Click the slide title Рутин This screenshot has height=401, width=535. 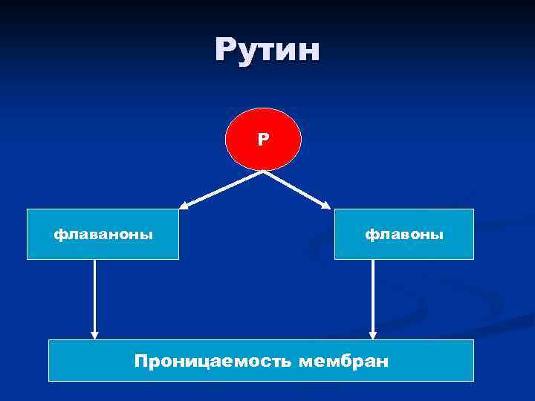pos(267,50)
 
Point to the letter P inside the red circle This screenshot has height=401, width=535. pos(263,139)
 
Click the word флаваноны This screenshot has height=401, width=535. pos(103,235)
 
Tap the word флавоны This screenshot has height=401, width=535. pos(403,235)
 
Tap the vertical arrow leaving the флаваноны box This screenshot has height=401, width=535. pos(94,297)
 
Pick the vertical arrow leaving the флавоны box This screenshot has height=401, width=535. pos(373,297)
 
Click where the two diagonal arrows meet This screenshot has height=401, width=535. pos(263,172)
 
